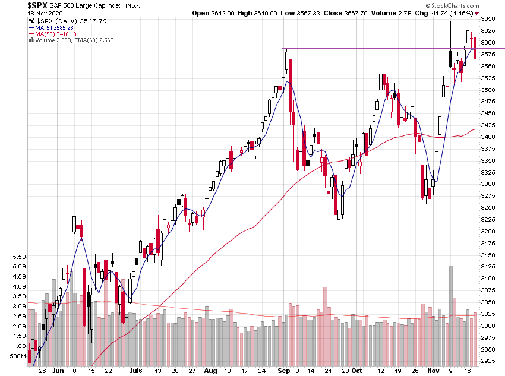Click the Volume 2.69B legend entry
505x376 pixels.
coord(54,40)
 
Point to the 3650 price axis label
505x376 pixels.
coord(488,19)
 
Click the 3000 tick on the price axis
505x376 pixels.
coord(488,326)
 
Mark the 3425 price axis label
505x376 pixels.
coord(488,125)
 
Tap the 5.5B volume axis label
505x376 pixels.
coord(18,257)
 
